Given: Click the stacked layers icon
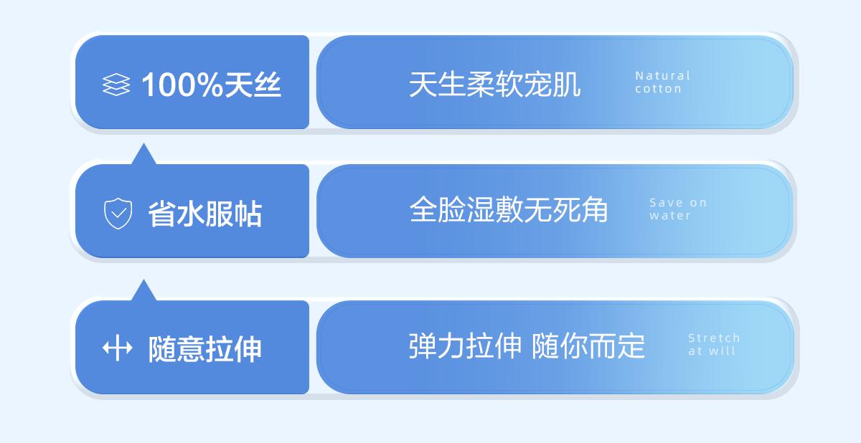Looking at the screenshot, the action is pos(116,85).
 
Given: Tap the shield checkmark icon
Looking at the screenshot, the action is pos(118,214).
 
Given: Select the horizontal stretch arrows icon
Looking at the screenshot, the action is pos(117,348).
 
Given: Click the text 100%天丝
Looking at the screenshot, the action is pos(212,85).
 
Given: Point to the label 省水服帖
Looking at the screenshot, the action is pos(205,214).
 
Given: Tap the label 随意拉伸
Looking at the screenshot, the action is pos(205,348).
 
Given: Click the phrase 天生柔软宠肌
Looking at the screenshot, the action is pos(494,84).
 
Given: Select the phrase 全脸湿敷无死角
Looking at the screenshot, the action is pos(509,209).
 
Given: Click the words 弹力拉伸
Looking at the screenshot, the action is pos(466,346).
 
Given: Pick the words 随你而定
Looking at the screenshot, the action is pos(588,346).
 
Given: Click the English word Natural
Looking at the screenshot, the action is pos(663,75).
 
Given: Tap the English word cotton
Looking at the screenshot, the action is pos(659,89).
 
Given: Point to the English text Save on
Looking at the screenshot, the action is pos(678,202).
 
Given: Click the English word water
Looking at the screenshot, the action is pos(670,215).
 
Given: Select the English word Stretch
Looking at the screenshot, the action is pos(714,338).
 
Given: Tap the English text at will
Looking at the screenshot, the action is pos(712,351).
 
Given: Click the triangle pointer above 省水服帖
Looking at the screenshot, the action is pos(143,153).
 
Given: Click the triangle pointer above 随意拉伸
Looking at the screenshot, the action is pos(143,290).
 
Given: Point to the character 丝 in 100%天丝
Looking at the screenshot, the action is pos(268,85).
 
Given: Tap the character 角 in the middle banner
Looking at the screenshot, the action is pos(595,209).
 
